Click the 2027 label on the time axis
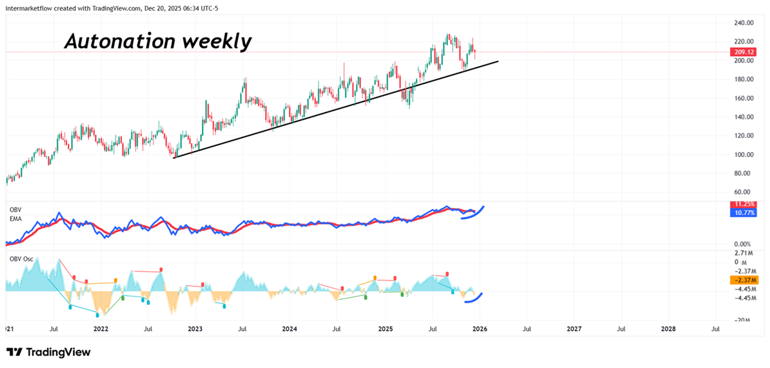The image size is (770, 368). (574, 329)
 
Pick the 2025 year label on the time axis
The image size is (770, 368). (384, 329)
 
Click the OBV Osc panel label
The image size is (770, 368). (21, 259)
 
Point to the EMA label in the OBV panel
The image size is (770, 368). (15, 218)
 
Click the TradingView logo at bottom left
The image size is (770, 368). (49, 352)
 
